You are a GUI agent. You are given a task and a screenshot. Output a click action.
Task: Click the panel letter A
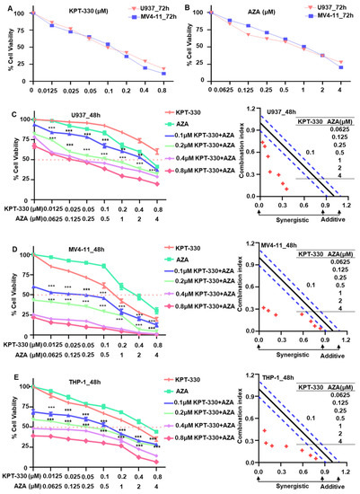pos(4,5)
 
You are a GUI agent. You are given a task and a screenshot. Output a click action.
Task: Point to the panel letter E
pos(4,354)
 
